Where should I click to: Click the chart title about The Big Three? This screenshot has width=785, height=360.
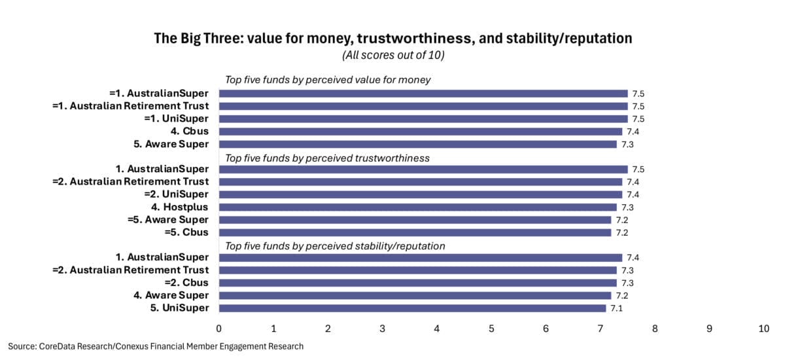pyautogui.click(x=392, y=39)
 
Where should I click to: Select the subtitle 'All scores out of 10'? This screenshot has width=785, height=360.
pyautogui.click(x=392, y=56)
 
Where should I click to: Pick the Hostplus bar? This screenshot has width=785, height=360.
pyautogui.click(x=417, y=207)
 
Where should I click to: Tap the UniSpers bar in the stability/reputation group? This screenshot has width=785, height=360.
pyautogui.click(x=412, y=308)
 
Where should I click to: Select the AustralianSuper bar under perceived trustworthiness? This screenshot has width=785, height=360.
pyautogui.click(x=423, y=169)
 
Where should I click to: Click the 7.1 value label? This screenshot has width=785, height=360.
pyautogui.click(x=616, y=308)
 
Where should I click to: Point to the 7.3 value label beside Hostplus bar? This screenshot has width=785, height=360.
pyautogui.click(x=627, y=207)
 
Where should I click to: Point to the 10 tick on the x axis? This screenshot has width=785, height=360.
pyautogui.click(x=763, y=329)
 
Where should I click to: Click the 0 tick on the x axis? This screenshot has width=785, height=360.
pyautogui.click(x=218, y=329)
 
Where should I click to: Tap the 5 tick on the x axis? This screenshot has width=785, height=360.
pyautogui.click(x=491, y=329)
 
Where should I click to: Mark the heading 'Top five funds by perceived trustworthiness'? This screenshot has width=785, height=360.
pyautogui.click(x=328, y=157)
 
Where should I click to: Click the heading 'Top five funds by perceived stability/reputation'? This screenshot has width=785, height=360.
pyautogui.click(x=335, y=246)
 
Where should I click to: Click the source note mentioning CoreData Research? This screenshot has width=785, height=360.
pyautogui.click(x=156, y=346)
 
